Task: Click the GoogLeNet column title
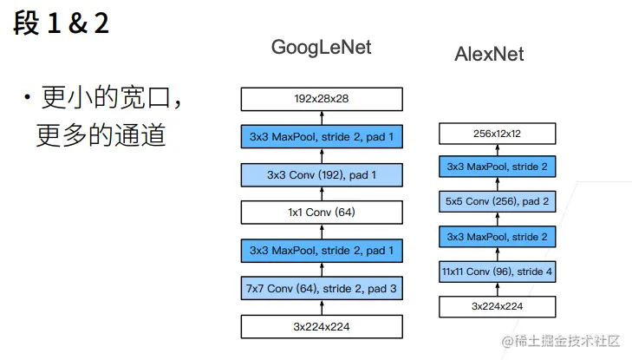pos(321,47)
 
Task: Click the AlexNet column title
pos(489,55)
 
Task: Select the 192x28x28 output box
pos(322,99)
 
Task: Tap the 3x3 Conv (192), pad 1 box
pos(322,175)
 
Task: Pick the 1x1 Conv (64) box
pos(322,213)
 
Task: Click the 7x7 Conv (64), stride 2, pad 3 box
pos(322,288)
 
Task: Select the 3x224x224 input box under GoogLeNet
pos(322,326)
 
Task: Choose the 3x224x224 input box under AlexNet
pos(497,306)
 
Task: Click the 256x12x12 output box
pos(497,134)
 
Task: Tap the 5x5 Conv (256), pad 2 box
pos(497,201)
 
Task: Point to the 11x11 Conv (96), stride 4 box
pos(497,272)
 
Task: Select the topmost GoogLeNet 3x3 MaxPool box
pos(322,137)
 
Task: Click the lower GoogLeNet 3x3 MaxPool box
pos(322,251)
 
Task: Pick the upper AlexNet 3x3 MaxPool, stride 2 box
pos(497,167)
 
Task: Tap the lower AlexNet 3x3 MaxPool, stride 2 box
pos(497,236)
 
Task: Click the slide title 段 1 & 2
pos(62,23)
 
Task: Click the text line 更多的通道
pos(101,135)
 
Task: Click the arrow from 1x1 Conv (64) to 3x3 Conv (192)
pos(322,194)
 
